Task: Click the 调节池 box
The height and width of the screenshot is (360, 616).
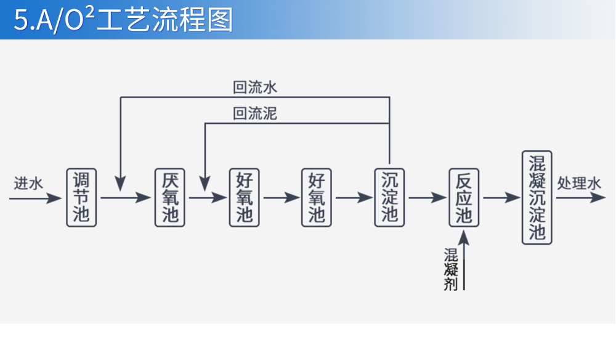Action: click(81, 197)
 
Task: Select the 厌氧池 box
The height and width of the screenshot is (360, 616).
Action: click(170, 197)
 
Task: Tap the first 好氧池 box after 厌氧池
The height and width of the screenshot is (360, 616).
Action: click(244, 197)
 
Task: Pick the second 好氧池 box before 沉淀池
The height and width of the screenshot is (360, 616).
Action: click(317, 197)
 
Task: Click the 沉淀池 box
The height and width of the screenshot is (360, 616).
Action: click(389, 197)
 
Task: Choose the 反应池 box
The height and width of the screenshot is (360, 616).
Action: click(463, 197)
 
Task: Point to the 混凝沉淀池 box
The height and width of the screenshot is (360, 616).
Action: click(537, 197)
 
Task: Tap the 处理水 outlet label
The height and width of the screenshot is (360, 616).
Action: click(578, 183)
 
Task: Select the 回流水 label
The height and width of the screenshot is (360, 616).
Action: click(255, 88)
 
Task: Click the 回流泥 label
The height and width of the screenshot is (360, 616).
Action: click(255, 113)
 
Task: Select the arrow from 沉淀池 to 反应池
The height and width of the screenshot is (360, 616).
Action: click(426, 198)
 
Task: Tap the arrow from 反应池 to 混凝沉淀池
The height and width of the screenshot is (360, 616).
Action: click(501, 198)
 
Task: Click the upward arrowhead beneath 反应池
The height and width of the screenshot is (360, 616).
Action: click(464, 237)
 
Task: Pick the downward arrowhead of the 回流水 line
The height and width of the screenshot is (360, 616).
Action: click(121, 182)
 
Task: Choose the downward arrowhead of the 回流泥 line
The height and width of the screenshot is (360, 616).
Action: click(205, 182)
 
